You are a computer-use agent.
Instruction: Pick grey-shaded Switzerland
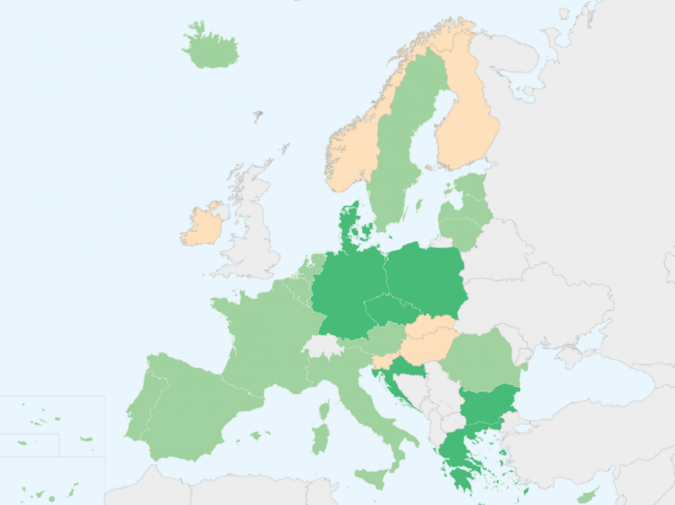(323, 345)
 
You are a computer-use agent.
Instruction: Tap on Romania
(481, 360)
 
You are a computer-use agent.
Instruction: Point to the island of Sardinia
(320, 439)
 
